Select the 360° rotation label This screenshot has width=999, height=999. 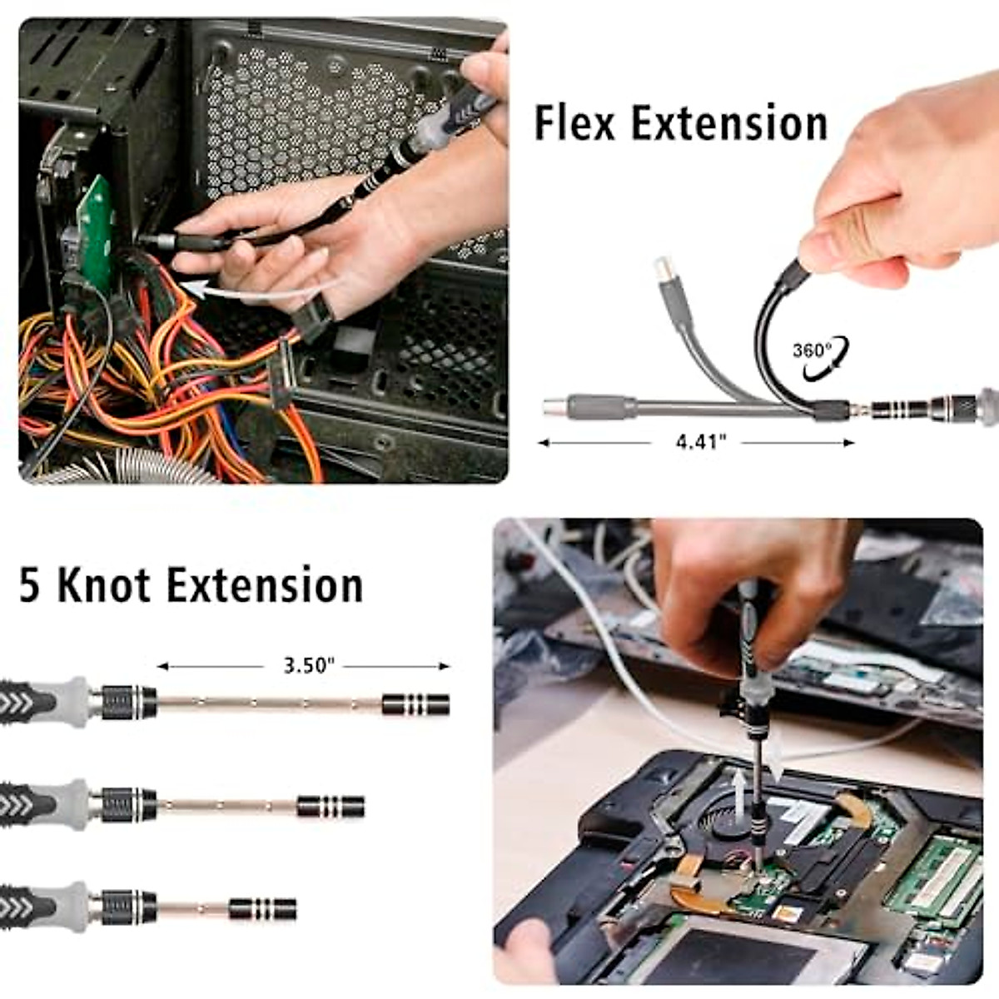(812, 350)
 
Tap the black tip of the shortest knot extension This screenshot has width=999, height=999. (262, 908)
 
